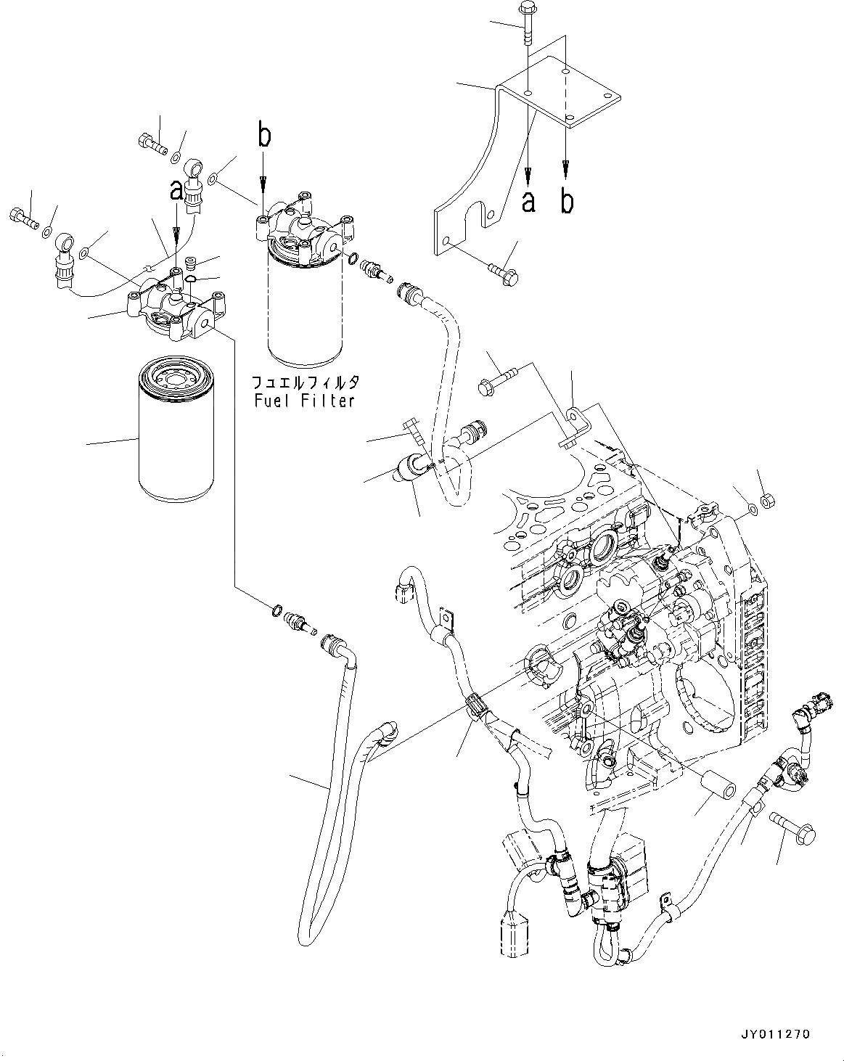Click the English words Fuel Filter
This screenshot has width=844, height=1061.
click(x=303, y=400)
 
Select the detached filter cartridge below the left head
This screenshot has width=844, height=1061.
click(x=175, y=434)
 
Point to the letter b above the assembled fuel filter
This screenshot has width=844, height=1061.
click(x=265, y=136)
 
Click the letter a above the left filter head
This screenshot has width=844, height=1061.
click(x=176, y=191)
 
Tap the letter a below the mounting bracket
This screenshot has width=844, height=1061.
click(x=528, y=201)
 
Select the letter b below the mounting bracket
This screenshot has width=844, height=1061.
click(x=566, y=201)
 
